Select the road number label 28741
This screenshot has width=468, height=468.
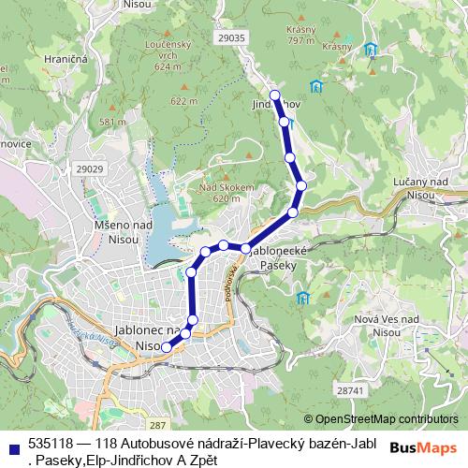click(348, 388)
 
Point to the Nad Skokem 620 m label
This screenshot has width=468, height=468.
click(227, 192)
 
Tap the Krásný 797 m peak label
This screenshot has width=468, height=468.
click(301, 34)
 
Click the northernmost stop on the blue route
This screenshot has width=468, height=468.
click(275, 95)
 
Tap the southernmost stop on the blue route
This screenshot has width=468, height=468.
click(167, 346)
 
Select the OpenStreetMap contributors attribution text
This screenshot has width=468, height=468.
click(387, 419)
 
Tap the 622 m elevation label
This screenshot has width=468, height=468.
click(183, 100)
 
